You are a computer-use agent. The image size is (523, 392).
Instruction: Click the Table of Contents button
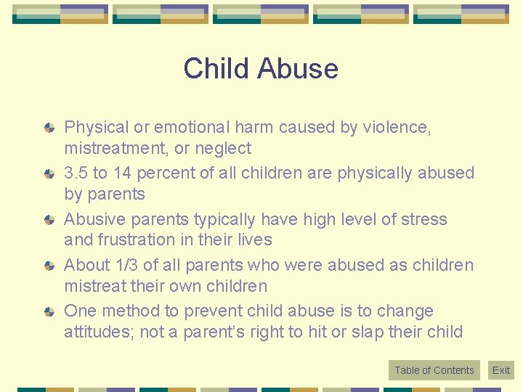(434, 370)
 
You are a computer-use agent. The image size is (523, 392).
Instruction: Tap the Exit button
(501, 370)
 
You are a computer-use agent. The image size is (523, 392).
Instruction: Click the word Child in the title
(212, 69)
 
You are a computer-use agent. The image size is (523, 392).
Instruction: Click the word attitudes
(94, 332)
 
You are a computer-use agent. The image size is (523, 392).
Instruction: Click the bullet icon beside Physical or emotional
(49, 128)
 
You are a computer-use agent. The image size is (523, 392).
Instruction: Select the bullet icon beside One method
(49, 311)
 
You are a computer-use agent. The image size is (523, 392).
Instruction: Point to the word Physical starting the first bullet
(96, 128)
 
